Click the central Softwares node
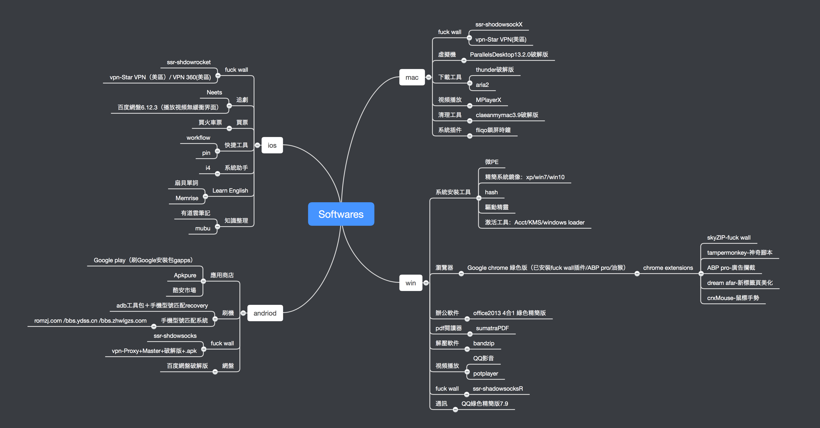(341, 214)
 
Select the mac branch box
(412, 77)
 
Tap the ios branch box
(272, 145)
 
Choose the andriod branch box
(265, 313)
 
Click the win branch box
(410, 283)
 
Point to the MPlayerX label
(488, 100)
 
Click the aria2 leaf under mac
(482, 85)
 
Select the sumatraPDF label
(492, 328)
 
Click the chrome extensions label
(668, 268)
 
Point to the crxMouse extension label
(733, 298)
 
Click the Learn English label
(230, 191)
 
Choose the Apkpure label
(185, 275)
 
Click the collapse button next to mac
(428, 77)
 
